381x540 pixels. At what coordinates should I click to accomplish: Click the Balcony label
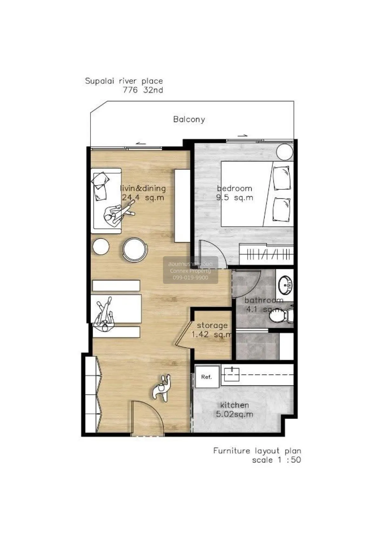pos(189,119)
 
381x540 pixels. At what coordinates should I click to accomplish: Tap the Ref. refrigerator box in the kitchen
pos(207,377)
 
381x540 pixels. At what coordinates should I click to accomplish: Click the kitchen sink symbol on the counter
pos(232,375)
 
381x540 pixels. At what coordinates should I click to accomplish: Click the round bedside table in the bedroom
pos(284,152)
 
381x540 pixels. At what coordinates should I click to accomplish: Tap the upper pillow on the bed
pos(282,178)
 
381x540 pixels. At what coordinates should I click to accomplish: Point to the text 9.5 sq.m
pos(235,198)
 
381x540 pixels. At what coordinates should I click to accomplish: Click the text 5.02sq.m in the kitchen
pos(235,414)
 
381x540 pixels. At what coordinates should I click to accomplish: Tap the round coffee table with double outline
pos(135,250)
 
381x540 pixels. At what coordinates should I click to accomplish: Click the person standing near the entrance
pos(162,388)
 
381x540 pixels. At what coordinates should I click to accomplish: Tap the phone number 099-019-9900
pos(190,278)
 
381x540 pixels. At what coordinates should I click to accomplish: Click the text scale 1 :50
pos(276,460)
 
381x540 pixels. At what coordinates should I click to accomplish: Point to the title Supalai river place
pos(124,81)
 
